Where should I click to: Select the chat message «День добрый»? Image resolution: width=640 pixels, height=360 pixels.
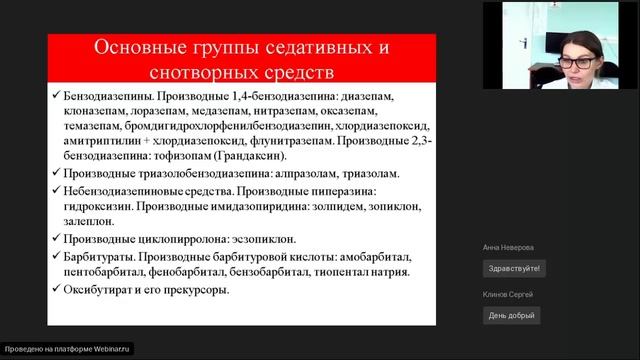coord(510,315)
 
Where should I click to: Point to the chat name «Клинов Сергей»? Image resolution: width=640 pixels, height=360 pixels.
coord(506,294)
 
